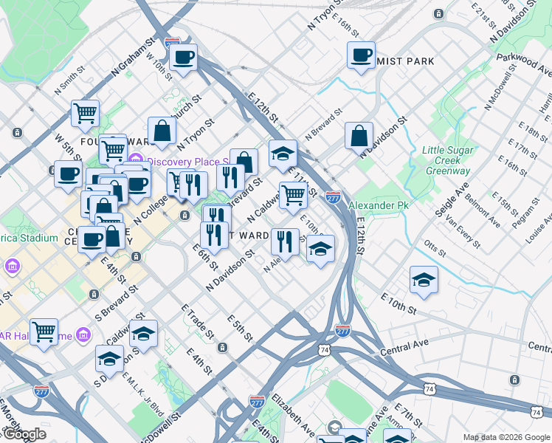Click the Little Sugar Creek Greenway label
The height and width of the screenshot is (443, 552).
[446, 160]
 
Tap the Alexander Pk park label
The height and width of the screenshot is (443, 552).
[378, 205]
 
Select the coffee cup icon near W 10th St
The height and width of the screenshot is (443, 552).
[183, 58]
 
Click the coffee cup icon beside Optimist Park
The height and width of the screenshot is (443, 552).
[361, 55]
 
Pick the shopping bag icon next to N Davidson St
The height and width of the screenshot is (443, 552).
[359, 137]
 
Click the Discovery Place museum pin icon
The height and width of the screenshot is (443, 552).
[136, 161]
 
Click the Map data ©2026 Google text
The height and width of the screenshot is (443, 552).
[506, 437]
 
